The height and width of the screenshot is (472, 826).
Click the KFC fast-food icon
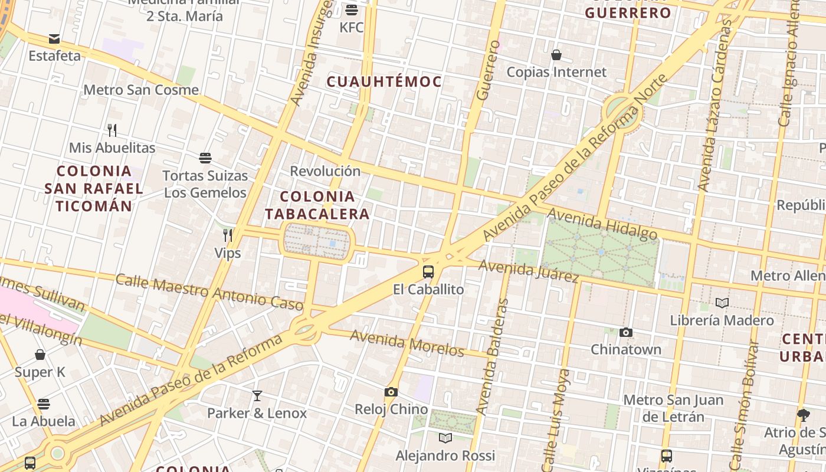[x=352, y=9]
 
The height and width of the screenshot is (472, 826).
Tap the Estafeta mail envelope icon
[x=54, y=39]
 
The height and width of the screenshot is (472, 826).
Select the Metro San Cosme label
[x=141, y=90]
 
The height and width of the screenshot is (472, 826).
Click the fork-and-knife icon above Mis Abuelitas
[x=112, y=130]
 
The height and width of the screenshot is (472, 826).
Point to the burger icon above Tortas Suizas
[x=205, y=158]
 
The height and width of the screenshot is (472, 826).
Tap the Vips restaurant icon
[x=228, y=235]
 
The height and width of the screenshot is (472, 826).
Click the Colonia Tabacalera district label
[x=317, y=205]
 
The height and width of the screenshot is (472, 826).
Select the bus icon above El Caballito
[x=428, y=272]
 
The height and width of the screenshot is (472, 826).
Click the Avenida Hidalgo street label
[x=602, y=224]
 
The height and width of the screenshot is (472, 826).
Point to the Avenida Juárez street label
[x=528, y=271]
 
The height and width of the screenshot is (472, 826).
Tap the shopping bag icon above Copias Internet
[x=556, y=55]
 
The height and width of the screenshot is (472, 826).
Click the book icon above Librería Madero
[x=722, y=303]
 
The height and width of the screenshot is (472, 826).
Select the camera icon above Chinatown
[x=626, y=332]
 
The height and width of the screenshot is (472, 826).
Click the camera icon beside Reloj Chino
[x=391, y=392]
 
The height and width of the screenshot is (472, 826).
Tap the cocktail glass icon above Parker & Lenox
[x=257, y=395]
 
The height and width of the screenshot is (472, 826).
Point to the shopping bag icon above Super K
[x=40, y=355]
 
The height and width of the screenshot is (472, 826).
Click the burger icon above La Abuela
[x=44, y=404]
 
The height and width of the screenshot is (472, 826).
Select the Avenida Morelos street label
[x=407, y=343]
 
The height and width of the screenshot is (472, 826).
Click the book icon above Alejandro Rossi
[x=445, y=438]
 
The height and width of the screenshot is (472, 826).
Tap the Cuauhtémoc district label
[x=384, y=81]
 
